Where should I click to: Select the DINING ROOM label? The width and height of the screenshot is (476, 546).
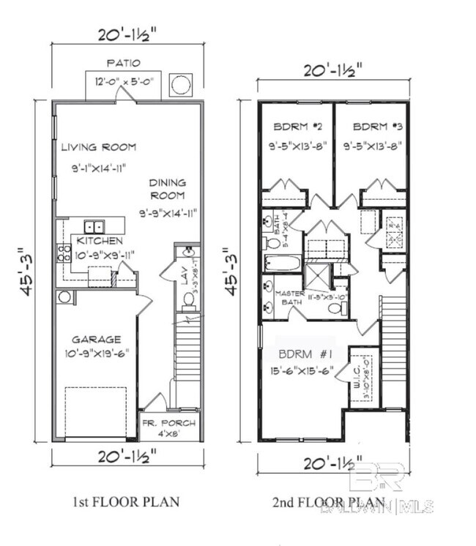(x=168, y=189)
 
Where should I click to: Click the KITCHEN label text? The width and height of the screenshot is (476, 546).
(x=100, y=240)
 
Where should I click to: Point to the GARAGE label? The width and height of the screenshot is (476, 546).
(x=95, y=339)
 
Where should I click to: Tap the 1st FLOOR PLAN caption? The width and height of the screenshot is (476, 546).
(x=127, y=503)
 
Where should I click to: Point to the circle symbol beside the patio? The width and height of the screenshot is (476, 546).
(x=180, y=85)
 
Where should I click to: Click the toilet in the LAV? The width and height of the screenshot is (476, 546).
(x=187, y=299)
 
